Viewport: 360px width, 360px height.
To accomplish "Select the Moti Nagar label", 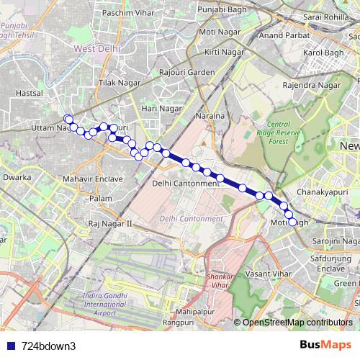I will pos(217,33).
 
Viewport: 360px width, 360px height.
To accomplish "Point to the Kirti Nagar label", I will pos(220,53).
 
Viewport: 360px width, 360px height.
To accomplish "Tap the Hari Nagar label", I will pos(161,108).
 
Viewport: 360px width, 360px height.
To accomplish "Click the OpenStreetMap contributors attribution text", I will pos(297,323).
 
